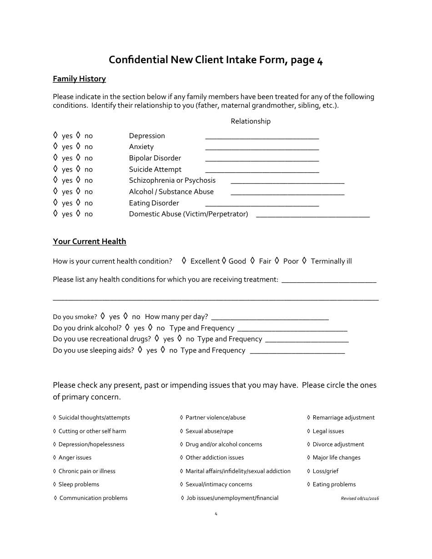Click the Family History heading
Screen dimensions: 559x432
point(79,79)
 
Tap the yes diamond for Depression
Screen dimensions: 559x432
point(55,135)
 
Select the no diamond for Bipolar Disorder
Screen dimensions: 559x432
point(78,158)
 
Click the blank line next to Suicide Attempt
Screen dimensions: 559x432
point(262,171)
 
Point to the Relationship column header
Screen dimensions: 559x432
point(251,121)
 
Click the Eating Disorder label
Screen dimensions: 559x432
point(154,203)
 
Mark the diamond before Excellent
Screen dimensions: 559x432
point(184,260)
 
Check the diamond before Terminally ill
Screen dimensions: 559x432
point(304,260)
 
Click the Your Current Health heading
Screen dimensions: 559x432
point(90,241)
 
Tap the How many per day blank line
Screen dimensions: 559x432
point(270,319)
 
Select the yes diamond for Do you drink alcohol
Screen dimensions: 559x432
point(127,327)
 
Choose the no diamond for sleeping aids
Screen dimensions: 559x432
point(162,349)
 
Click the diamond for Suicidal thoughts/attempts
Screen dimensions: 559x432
point(55,417)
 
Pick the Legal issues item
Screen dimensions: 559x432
point(328,431)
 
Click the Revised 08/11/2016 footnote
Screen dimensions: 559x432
point(360,499)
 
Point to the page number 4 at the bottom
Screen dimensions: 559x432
point(216,514)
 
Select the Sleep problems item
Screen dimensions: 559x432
point(79,484)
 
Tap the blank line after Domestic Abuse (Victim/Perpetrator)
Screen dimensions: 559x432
point(313,216)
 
